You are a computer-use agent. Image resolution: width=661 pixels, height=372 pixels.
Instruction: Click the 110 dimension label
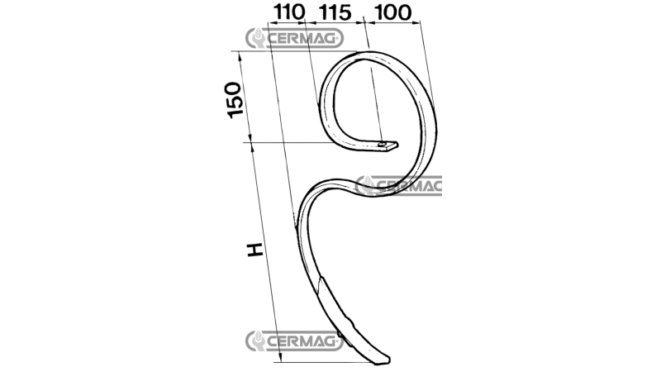click(288, 12)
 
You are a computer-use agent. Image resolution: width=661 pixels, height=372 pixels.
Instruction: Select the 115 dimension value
click(335, 12)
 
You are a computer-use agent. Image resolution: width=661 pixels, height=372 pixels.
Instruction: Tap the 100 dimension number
click(392, 12)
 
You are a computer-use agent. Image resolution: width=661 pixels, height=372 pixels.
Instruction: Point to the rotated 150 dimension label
click(235, 100)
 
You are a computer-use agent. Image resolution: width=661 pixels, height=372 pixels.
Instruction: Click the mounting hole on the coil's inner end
click(382, 145)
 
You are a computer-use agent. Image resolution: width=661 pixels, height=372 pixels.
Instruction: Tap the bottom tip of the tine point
click(384, 363)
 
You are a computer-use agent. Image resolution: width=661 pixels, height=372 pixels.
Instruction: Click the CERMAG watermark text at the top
click(302, 39)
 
